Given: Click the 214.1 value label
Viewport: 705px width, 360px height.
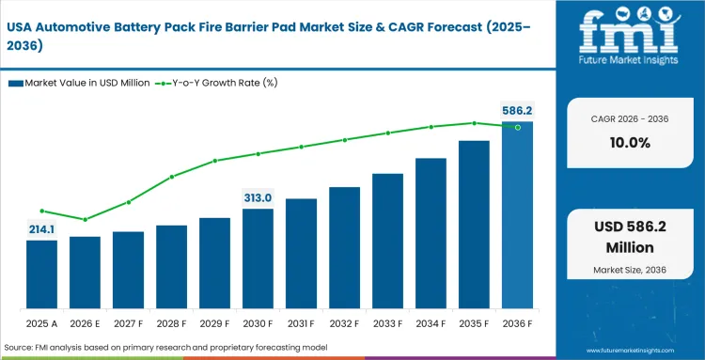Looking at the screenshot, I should pos(41,228).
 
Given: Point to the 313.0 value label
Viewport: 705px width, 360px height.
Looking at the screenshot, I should pos(258,197).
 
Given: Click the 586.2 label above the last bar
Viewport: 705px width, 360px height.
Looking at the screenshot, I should pos(517,111).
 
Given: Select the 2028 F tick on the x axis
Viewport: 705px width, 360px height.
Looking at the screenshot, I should pos(171,325).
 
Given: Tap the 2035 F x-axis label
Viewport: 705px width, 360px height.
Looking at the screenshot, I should pos(474,325).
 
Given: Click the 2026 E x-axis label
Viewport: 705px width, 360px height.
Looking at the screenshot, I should pos(85,325).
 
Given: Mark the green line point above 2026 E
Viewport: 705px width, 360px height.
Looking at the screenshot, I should pos(85,220).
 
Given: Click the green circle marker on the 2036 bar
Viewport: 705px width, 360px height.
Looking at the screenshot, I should pos(517,127).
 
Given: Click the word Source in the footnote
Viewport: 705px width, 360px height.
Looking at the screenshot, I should pos(20,348).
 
